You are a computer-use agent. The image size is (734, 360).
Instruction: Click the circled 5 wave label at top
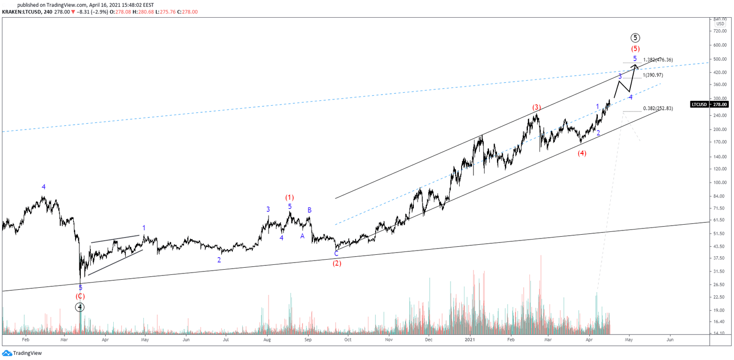pos(635,38)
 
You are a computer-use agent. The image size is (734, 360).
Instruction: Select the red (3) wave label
pos(537,108)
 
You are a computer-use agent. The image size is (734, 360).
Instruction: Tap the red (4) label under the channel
pos(582,153)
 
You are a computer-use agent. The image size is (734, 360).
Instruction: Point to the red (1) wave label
pos(290,197)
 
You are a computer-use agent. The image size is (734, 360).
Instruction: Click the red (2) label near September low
pos(336,263)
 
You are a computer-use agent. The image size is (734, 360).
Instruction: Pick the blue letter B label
pos(310,210)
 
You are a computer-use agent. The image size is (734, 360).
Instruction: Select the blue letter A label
pos(302,236)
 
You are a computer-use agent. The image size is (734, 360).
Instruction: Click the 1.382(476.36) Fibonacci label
pos(658,60)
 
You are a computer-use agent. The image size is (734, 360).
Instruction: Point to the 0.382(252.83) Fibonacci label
pos(658,109)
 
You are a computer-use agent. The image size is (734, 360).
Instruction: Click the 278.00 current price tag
pos(720,104)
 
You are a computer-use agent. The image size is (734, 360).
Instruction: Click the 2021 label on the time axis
pos(470,339)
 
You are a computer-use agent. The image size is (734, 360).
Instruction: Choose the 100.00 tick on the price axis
pos(720,183)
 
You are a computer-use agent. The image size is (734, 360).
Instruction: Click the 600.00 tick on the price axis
pos(720,45)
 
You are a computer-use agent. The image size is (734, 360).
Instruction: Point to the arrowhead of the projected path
pos(636,65)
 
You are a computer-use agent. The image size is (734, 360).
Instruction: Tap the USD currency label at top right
pos(720,23)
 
